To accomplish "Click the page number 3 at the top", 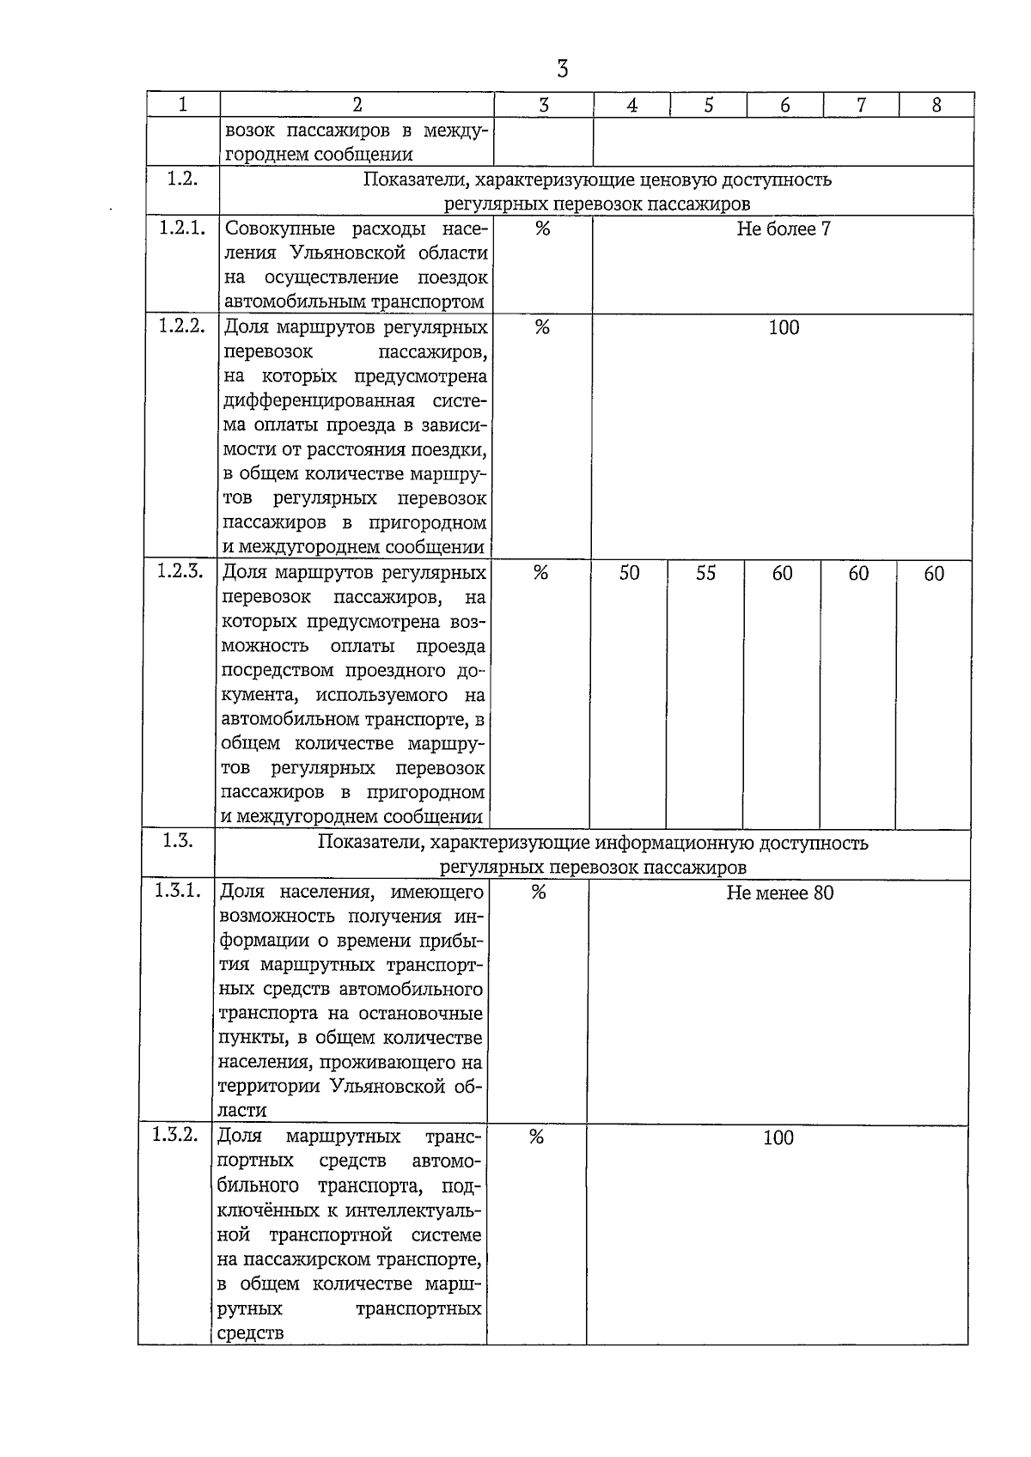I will coord(562,69).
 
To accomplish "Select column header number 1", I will coord(183,105).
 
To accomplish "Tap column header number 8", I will coord(936,105).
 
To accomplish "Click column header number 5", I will coord(709,105).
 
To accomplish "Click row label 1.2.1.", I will coord(182,229).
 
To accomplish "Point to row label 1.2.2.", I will coord(182,326).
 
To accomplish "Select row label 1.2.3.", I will coord(180,572).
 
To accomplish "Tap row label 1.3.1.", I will coord(179,892).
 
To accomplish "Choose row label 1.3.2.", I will coord(176,1136).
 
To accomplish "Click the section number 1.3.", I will coord(178,841).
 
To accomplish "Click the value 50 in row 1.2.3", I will coord(629,573).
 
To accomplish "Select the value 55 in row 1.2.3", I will coord(705,573).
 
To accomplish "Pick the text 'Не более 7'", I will coord(783,229).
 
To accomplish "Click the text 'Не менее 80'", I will coord(779,893).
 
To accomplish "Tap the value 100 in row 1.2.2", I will coord(784,327).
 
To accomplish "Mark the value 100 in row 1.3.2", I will coord(778,1137).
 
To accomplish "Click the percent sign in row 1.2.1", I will coord(542,229).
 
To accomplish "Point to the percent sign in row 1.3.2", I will coord(536,1137).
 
